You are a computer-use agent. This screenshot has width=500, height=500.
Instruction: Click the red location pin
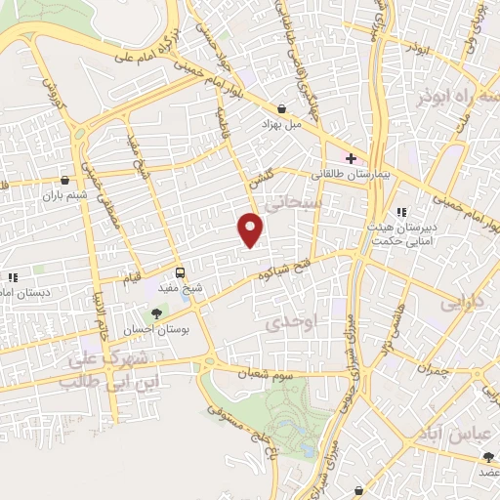point(251,229)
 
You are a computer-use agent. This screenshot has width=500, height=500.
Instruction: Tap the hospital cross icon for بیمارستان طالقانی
point(351,157)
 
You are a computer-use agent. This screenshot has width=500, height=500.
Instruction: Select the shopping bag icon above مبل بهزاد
point(282,108)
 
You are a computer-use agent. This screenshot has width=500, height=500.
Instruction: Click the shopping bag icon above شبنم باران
point(65,180)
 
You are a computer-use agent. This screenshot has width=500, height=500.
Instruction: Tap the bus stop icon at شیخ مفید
point(180,271)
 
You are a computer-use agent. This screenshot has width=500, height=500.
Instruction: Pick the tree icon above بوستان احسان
point(156,313)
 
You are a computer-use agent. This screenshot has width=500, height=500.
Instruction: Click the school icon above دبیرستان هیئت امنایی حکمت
point(400,212)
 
